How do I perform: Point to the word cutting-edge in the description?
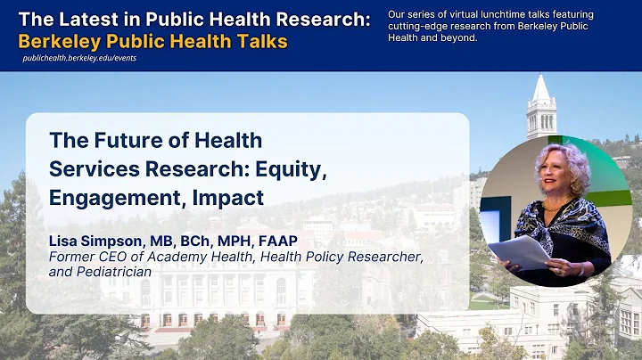[417, 26]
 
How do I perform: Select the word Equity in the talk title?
[293, 168]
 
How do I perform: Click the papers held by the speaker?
[521, 252]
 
